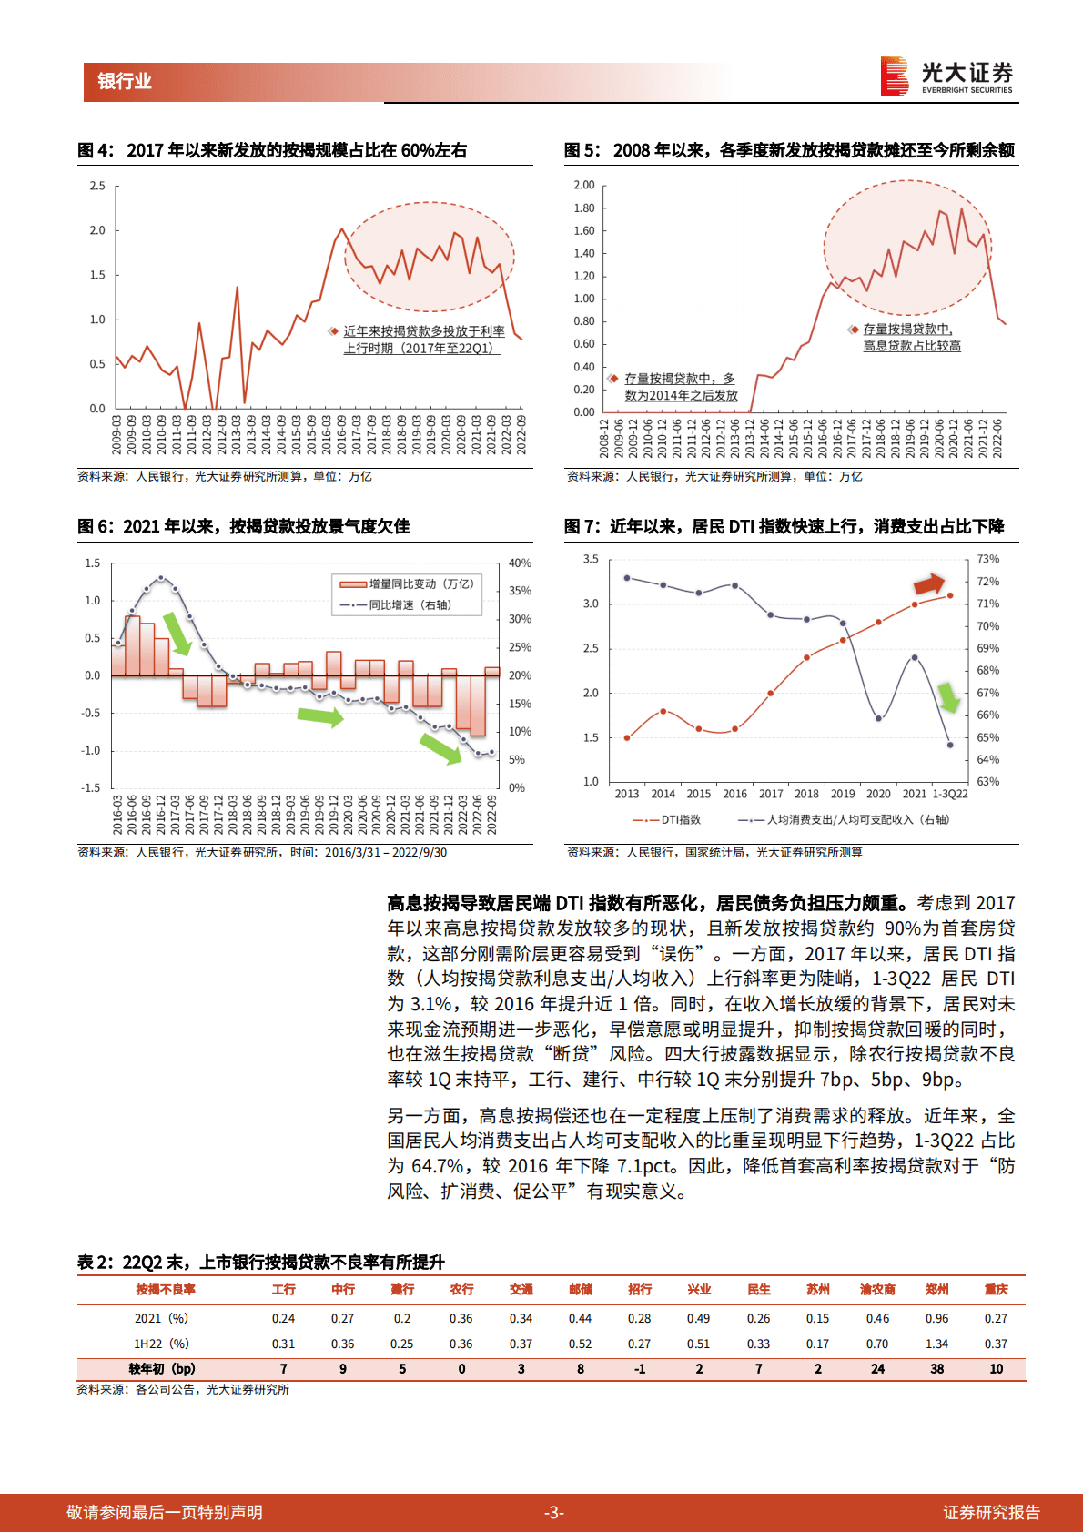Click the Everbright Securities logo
946,76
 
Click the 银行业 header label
125,81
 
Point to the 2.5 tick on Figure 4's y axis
97,186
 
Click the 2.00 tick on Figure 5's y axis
583,185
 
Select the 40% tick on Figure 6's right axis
520,563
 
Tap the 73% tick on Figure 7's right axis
987,559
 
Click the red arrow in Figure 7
929,583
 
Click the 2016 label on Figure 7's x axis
734,794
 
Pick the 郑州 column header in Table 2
936,1290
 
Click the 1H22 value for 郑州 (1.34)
936,1344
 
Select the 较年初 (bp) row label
162,1369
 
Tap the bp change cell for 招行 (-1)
640,1369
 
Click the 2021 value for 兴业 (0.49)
699,1318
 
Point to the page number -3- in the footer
553,1512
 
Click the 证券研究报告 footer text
991,1512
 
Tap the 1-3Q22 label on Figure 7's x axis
950,794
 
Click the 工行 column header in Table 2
283,1290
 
